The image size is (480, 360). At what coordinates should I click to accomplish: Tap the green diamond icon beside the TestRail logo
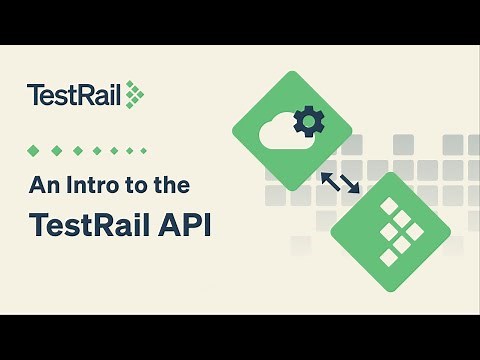134,95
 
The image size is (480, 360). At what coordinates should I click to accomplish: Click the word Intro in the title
96,185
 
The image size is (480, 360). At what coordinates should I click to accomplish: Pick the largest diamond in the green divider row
34,150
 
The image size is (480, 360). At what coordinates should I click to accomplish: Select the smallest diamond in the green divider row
143,150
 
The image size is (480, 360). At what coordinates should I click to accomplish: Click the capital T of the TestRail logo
34,96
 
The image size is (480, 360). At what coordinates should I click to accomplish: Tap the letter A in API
159,224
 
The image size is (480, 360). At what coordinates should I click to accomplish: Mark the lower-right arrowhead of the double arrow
354,190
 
